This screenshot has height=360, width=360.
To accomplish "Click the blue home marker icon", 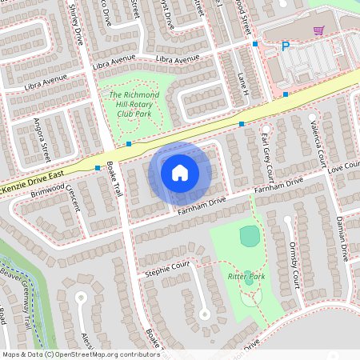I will pyautogui.click(x=180, y=172).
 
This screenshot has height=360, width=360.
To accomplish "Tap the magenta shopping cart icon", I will pyautogui.click(x=318, y=30).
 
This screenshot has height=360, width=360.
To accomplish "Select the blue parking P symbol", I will pyautogui.click(x=285, y=47).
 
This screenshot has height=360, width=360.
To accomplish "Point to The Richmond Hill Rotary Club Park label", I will pyautogui.click(x=134, y=104).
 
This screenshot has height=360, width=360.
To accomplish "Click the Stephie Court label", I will pyautogui.click(x=167, y=269).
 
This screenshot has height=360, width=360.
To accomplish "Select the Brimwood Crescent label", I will pyautogui.click(x=56, y=194).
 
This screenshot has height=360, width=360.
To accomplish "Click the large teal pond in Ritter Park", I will pyautogui.click(x=250, y=235).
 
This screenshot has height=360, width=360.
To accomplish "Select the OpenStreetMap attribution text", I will pyautogui.click(x=81, y=354).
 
